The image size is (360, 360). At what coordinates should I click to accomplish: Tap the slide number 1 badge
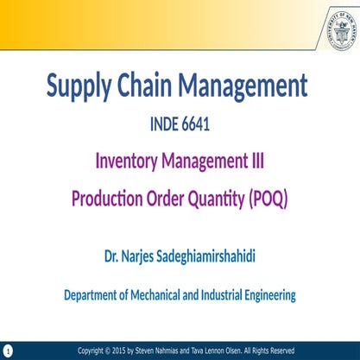pos(7,351)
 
